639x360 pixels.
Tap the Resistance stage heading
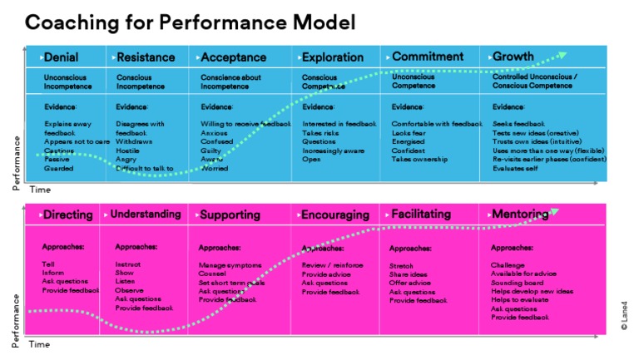click(x=146, y=57)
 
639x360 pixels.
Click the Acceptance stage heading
click(x=234, y=57)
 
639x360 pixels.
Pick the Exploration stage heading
click(x=332, y=57)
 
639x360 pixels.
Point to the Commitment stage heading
click(x=427, y=57)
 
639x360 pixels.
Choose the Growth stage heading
click(x=513, y=57)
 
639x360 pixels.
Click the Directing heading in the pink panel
click(x=67, y=215)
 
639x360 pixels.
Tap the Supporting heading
click(x=230, y=215)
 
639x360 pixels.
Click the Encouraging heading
click(x=335, y=215)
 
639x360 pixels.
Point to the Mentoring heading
click(x=519, y=215)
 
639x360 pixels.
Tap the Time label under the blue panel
click(x=40, y=190)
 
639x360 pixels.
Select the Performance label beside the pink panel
click(x=17, y=318)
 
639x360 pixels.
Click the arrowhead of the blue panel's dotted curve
click(x=563, y=56)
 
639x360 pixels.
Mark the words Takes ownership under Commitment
click(x=420, y=159)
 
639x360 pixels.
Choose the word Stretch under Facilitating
click(x=401, y=265)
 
